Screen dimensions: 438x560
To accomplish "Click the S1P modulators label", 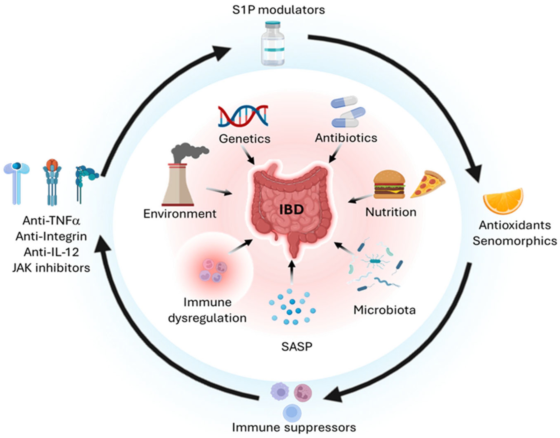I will (278, 10).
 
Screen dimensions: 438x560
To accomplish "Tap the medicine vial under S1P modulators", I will (273, 44).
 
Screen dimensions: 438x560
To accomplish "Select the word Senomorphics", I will (515, 241).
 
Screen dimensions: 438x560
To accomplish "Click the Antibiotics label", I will (346, 138).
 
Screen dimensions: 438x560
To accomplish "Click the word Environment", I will (179, 214).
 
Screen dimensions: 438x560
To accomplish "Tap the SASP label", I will (297, 347).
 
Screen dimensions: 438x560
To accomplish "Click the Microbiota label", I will (384, 310).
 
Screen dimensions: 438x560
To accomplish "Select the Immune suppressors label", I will (294, 428).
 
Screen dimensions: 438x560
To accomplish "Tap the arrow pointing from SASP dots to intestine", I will (292, 272).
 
